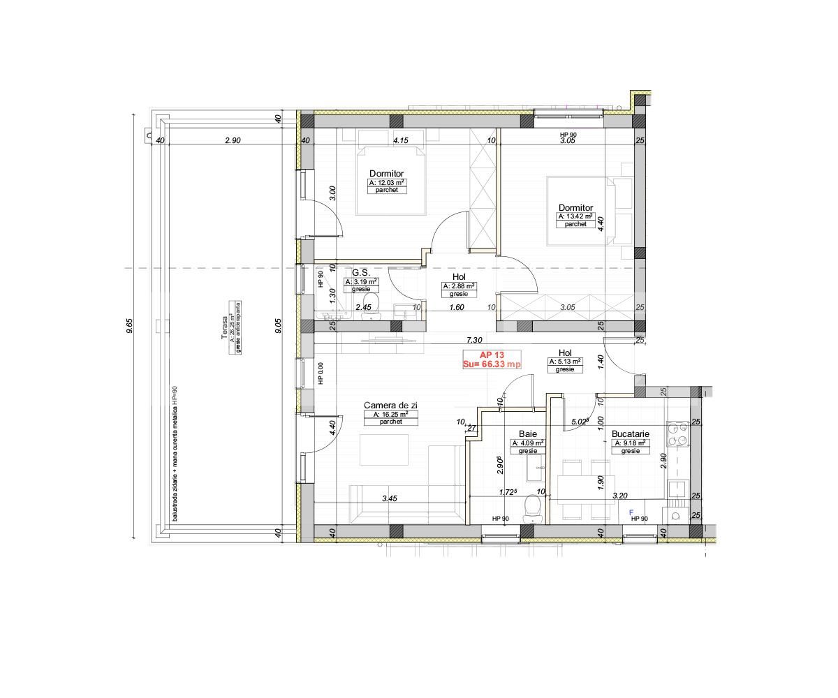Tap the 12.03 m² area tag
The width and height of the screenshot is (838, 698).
click(x=387, y=182)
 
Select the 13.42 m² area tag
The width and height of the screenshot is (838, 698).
click(x=575, y=216)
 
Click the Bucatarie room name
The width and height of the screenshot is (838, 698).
click(x=631, y=433)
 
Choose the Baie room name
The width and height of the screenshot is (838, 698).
click(x=527, y=433)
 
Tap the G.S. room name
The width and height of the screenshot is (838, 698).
click(x=360, y=273)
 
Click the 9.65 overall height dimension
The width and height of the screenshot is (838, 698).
click(x=130, y=326)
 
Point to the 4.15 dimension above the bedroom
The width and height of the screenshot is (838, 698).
click(x=400, y=140)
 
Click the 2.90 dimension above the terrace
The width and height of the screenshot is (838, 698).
click(x=233, y=140)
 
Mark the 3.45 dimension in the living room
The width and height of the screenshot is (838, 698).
click(x=390, y=498)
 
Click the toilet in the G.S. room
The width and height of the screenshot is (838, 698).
click(x=371, y=304)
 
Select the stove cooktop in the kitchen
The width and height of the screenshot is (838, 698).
click(x=677, y=433)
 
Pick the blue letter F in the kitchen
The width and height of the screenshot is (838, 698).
click(x=631, y=512)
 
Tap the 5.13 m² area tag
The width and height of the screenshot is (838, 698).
click(x=565, y=362)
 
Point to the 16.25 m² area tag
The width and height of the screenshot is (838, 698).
click(x=385, y=414)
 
